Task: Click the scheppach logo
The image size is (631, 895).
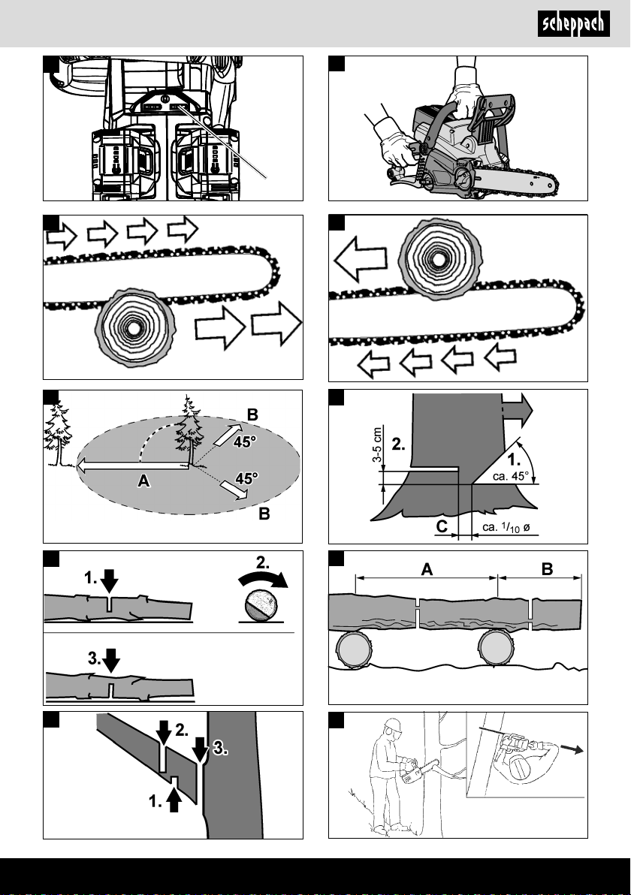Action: (573, 24)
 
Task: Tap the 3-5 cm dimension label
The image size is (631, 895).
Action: (377, 444)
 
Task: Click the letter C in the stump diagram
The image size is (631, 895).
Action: (442, 526)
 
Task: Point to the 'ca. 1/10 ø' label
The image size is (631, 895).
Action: (506, 527)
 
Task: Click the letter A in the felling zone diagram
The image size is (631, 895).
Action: (144, 481)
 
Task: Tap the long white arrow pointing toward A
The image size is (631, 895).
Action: (133, 466)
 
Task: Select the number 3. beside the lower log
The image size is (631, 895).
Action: (94, 658)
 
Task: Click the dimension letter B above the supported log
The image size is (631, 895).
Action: (546, 568)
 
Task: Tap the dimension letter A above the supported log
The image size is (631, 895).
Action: (427, 569)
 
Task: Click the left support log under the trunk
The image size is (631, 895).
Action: (355, 649)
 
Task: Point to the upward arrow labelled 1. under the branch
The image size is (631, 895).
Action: (175, 800)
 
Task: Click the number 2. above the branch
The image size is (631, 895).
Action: (182, 730)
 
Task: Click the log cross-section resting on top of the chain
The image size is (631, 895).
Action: (440, 258)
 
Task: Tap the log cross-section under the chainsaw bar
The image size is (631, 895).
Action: (135, 327)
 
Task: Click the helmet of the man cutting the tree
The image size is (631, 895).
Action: (394, 726)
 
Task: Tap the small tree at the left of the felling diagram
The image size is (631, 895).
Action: (58, 433)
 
